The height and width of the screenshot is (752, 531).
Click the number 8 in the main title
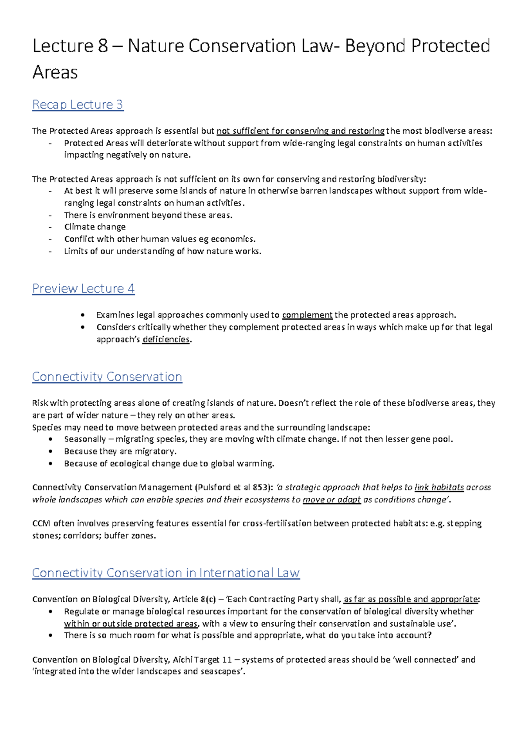pos(103,46)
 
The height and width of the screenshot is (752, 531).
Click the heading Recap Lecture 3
pos(77,105)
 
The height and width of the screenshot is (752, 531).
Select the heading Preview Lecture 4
pos(83,288)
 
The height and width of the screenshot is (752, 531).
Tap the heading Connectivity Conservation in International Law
pos(166,573)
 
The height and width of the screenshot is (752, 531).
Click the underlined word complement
pos(307,315)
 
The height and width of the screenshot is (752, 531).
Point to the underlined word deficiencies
pos(166,339)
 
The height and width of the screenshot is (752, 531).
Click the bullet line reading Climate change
pos(95,227)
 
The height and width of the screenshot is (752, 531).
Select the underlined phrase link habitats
pos(439,487)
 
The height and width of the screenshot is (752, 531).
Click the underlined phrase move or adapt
pos(331,500)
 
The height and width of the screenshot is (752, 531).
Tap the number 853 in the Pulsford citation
pos(259,487)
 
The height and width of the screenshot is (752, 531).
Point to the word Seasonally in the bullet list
pos(85,439)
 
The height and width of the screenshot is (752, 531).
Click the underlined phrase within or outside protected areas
pos(131,624)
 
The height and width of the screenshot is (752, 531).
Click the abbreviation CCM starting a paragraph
pos(41,523)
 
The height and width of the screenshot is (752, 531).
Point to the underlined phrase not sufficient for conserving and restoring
pos(300,131)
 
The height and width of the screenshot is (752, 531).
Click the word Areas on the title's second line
pos(55,73)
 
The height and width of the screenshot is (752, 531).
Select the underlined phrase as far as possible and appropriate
pos(411,599)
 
